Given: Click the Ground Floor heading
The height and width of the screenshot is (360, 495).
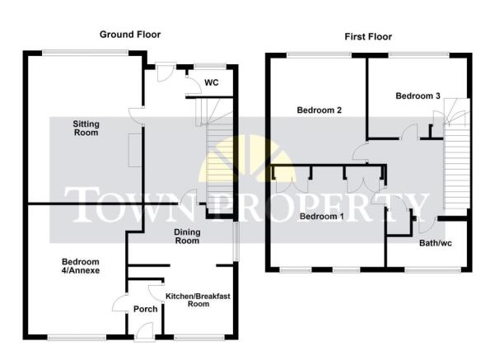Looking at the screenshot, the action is coord(130,35).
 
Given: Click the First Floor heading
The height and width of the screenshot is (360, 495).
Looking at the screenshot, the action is coord(368,36).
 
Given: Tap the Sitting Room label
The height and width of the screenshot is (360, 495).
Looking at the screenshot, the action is coord(86,128).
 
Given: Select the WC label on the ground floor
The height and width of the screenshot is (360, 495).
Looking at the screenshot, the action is coord(211,82).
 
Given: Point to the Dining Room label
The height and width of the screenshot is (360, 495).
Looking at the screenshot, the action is coord(187,236).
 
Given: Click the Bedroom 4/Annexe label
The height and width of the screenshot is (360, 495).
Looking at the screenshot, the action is coord(81,266).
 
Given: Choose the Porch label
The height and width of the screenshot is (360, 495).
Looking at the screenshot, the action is coord(145,309).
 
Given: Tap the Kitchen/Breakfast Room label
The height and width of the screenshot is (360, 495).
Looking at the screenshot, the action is coord(198,300).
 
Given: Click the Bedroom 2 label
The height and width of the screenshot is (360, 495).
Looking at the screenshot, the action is coord(320,110).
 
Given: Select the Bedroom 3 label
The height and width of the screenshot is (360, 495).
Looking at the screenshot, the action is coord(418,96).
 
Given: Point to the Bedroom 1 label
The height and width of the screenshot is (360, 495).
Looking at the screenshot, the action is coord(321,217).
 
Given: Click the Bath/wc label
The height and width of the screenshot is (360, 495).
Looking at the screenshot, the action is coord(436,243).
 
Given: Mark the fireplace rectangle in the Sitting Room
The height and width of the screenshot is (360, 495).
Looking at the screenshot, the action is coord(135,150).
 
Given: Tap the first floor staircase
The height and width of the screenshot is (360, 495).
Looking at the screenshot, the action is coord(456,154).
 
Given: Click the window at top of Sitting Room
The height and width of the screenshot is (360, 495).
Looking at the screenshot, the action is coord(85,53).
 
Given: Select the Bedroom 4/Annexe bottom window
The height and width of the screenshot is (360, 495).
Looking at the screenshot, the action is coord(77,337).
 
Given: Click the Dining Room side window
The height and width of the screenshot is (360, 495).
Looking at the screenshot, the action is coord(236,241).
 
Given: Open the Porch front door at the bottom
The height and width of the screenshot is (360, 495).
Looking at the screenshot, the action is coord(144,332).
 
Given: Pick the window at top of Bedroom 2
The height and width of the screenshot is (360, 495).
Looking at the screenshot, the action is coord(320,55).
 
